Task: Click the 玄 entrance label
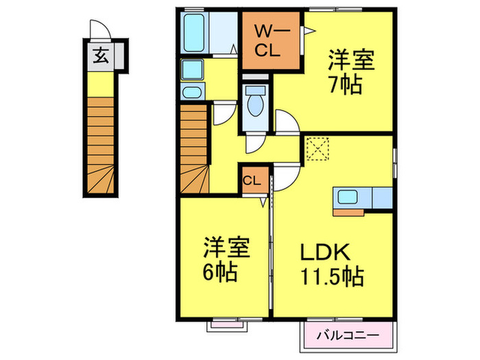(99, 58)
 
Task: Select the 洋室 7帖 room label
(350, 73)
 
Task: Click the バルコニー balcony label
(348, 336)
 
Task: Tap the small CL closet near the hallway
(251, 181)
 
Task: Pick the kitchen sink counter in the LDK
(362, 197)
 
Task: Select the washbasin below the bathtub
(191, 69)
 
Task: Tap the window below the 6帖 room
(226, 322)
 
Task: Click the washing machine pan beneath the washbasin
(191, 93)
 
